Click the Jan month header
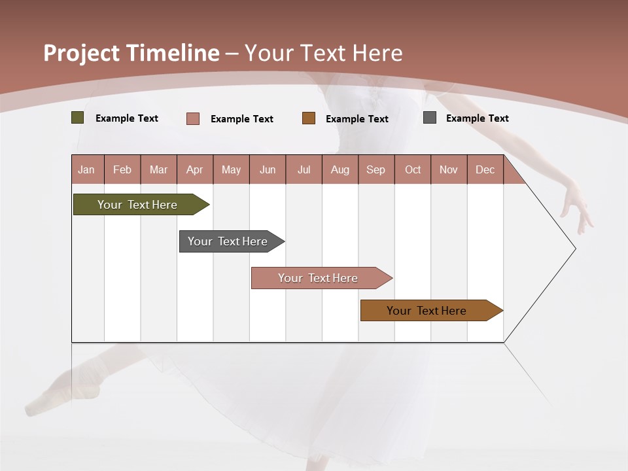click(x=87, y=169)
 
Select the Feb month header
click(x=122, y=169)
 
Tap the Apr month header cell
click(x=195, y=169)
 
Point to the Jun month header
click(x=268, y=169)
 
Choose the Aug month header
click(x=340, y=169)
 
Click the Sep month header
click(x=376, y=169)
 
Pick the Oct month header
click(x=413, y=169)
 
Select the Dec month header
click(x=485, y=169)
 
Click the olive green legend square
click(x=78, y=118)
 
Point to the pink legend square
click(x=193, y=118)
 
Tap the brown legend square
click(x=309, y=118)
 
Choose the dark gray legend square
click(x=430, y=118)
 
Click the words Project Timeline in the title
click(x=131, y=53)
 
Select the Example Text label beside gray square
click(x=477, y=118)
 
